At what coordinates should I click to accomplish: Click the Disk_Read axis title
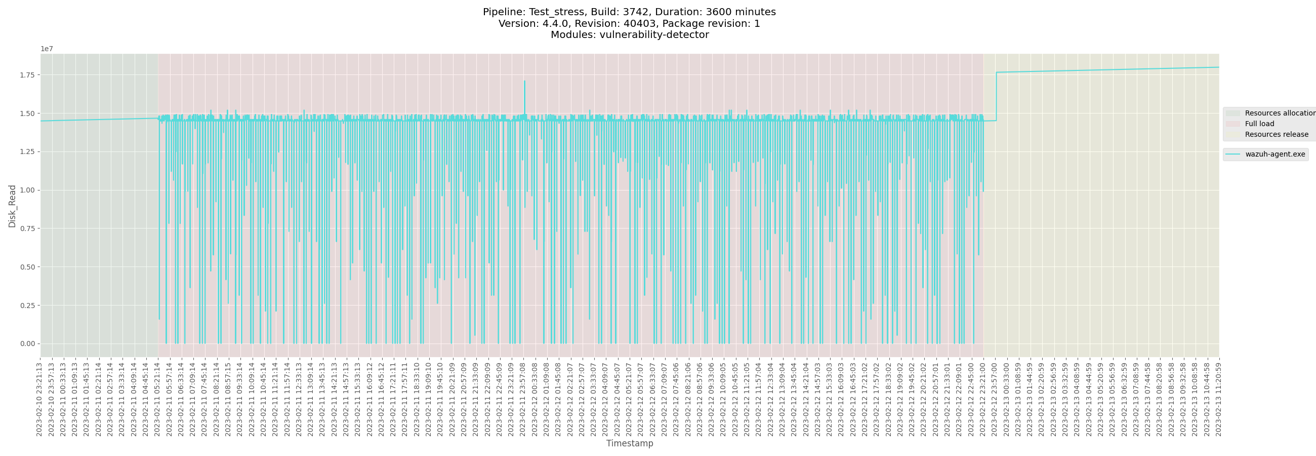[12, 206]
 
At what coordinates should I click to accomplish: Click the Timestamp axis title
[629, 443]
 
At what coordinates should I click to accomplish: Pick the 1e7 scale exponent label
[47, 49]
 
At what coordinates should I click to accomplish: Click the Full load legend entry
[1259, 124]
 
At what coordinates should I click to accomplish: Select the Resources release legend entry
[1276, 134]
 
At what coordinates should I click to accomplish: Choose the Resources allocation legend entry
[1279, 113]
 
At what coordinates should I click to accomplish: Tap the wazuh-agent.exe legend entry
[1274, 155]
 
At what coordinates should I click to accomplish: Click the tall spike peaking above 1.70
[524, 82]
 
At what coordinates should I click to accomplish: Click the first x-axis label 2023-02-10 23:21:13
[39, 399]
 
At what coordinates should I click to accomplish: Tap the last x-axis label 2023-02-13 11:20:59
[1218, 399]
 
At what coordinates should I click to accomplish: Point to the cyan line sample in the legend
[1232, 155]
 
